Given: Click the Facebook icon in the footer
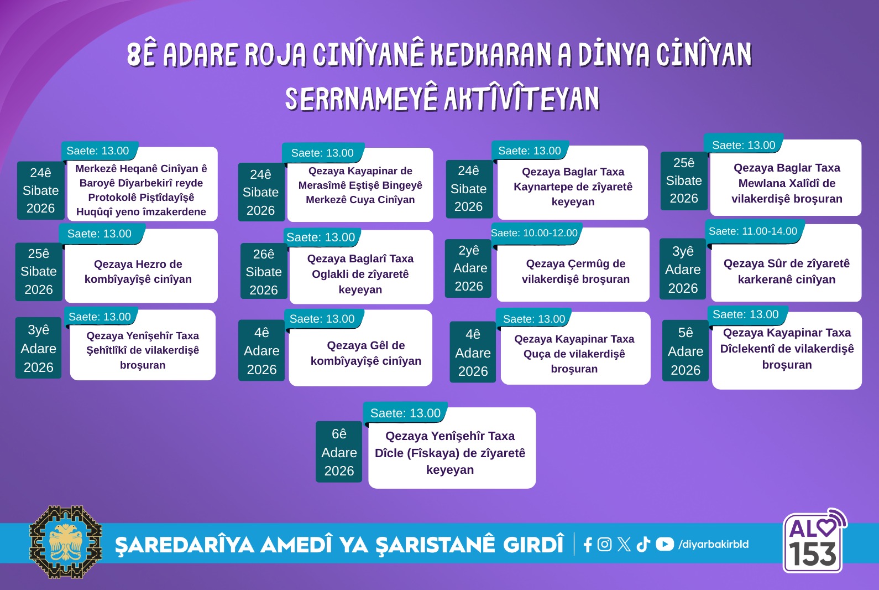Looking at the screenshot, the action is click(x=588, y=545).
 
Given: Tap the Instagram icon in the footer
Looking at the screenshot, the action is click(x=604, y=544).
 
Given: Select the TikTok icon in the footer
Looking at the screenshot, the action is click(x=643, y=545).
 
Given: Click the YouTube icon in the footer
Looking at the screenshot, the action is click(x=665, y=544).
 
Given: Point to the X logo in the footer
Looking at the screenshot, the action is click(x=624, y=545).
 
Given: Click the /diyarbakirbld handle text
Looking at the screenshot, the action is click(x=713, y=545).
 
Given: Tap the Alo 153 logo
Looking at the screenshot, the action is click(x=815, y=541).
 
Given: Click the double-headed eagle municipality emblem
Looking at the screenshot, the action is click(x=66, y=542).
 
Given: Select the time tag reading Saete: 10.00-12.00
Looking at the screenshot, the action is click(x=535, y=233).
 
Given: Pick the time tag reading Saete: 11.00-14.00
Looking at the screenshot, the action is click(x=753, y=231).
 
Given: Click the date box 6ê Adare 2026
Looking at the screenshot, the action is click(x=339, y=452).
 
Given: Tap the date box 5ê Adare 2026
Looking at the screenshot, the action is click(x=686, y=351).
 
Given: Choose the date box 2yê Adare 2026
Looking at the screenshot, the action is click(x=469, y=268).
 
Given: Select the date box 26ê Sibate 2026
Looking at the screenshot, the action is click(x=264, y=271).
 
